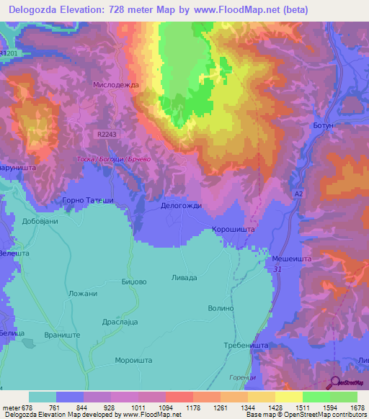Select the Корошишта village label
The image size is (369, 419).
233,230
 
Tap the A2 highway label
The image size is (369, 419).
298,194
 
